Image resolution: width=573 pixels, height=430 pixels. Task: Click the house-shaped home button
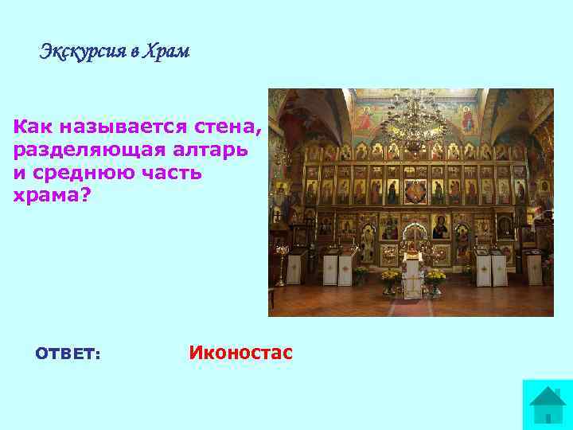546,404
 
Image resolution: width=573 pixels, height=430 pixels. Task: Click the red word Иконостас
241,352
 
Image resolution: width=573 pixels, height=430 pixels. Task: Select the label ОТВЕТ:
68,353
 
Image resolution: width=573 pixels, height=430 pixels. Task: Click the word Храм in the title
167,53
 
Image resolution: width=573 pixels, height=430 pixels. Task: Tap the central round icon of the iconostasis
415,192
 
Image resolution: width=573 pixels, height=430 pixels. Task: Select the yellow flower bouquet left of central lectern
389,277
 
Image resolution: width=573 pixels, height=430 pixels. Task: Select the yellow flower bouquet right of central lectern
435,277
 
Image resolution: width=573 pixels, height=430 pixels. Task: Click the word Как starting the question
31,126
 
